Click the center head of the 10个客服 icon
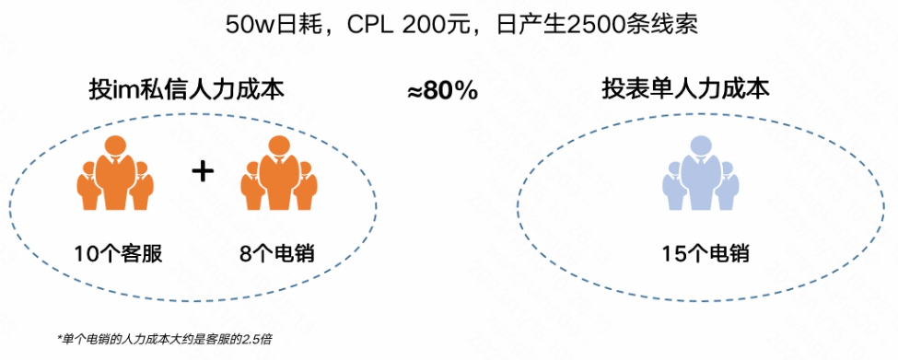[x=114, y=146]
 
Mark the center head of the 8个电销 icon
[x=277, y=146]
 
